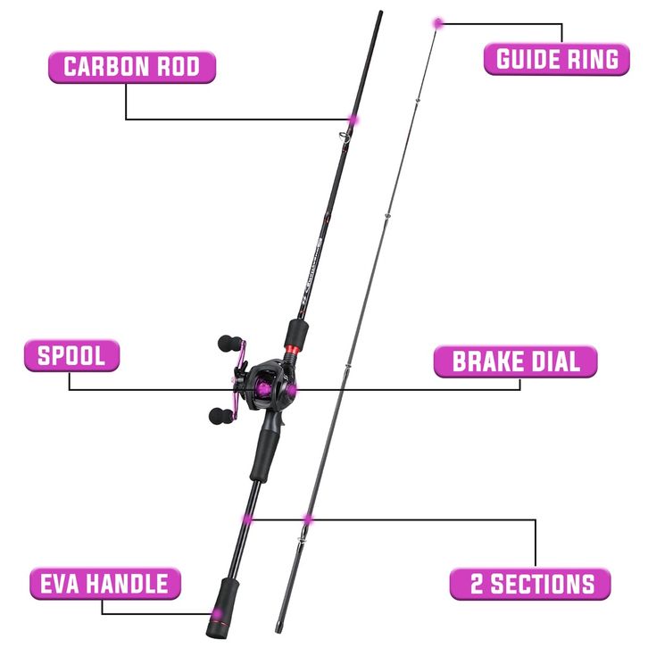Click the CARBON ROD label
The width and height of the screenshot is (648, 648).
[131, 66]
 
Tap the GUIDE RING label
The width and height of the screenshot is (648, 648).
[556, 59]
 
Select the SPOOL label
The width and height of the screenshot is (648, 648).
[71, 355]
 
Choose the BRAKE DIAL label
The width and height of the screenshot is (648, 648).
[515, 361]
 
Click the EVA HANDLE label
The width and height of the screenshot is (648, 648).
[104, 584]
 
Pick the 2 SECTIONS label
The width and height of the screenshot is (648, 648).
[530, 584]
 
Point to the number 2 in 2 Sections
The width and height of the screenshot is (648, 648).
[478, 585]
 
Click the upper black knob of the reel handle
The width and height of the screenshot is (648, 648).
[229, 342]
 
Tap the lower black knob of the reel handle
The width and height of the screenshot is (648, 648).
[218, 415]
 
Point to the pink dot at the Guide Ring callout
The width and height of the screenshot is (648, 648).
[437, 22]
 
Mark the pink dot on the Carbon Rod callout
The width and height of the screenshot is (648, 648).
[353, 119]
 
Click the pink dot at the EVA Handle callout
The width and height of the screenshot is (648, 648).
[212, 613]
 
